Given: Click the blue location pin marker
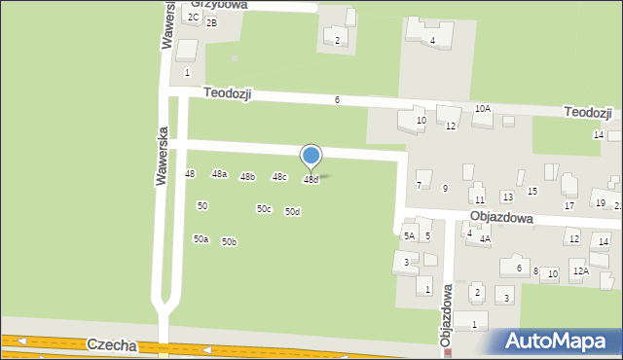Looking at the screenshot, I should (311, 157).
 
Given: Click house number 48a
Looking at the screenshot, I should (220, 174).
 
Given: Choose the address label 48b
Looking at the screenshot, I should (248, 177).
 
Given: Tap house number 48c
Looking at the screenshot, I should (279, 177).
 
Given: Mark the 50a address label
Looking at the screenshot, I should (201, 239).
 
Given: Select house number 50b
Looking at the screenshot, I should (229, 242).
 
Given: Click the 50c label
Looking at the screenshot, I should (264, 209).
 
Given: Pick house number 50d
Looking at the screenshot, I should (292, 212).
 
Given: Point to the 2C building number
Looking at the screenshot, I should (194, 17).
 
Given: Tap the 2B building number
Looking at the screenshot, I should (211, 23).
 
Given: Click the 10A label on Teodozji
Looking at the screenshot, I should (482, 109).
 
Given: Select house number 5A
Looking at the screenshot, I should (410, 235).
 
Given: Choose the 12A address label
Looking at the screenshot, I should (580, 271).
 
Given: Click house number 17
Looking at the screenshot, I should (569, 205).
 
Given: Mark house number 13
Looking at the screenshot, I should (507, 198).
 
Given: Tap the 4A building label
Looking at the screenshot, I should (484, 238).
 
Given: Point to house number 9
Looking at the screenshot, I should (445, 189).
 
